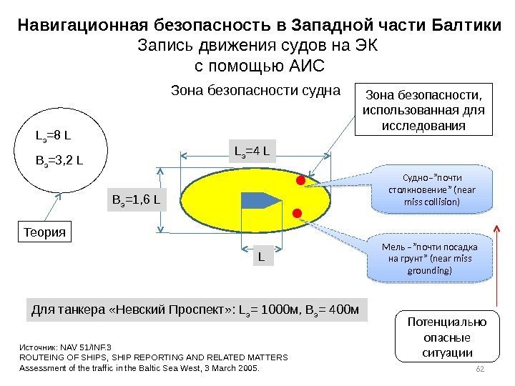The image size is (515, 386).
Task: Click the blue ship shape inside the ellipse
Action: click(x=259, y=199)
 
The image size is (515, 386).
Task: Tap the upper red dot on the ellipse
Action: click(x=300, y=181)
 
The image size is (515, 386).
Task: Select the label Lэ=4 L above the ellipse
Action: click(x=252, y=150)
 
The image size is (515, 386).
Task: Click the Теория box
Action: click(x=45, y=232)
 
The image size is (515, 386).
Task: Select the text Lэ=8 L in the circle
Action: click(x=51, y=134)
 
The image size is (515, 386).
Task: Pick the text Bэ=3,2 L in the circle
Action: click(x=58, y=158)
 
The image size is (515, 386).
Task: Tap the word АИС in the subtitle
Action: click(x=304, y=66)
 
